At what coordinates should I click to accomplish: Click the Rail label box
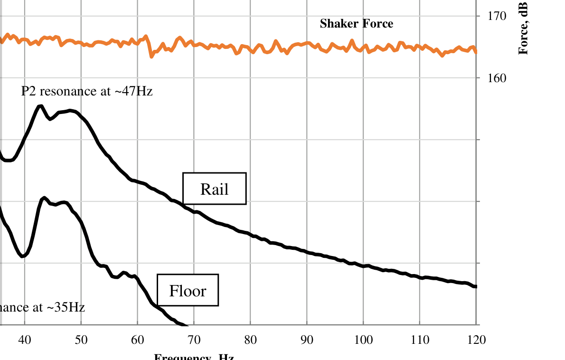click(215, 189)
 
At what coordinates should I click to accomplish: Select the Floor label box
click(188, 290)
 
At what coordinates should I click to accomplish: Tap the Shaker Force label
click(356, 23)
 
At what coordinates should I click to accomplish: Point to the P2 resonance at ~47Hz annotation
click(87, 91)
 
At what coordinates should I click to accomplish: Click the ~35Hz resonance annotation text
click(42, 307)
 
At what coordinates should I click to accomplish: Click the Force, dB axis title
click(523, 28)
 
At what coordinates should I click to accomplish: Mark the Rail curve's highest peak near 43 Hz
click(40, 106)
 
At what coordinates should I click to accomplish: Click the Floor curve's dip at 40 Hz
click(22, 256)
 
